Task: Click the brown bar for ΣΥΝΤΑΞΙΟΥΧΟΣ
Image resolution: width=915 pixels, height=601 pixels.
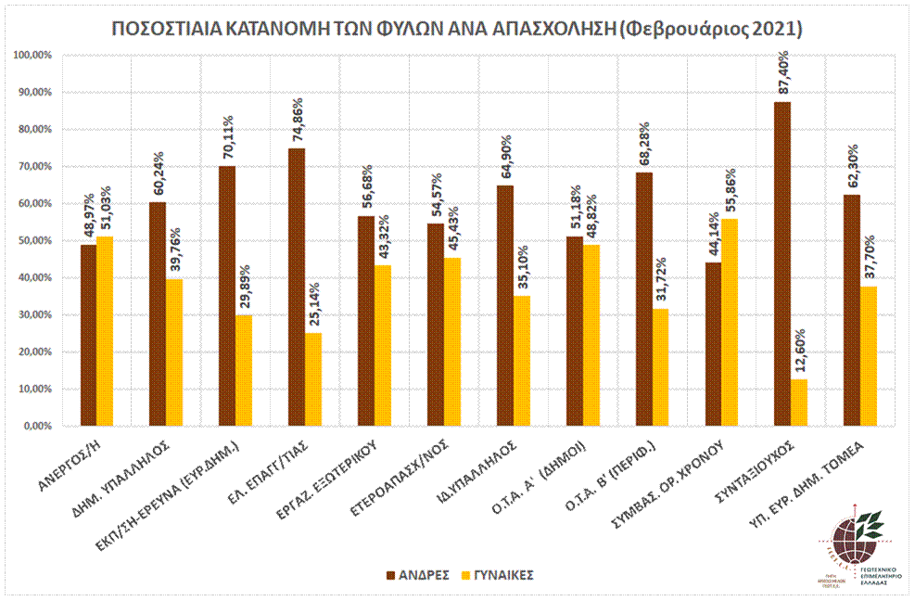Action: click(x=782, y=264)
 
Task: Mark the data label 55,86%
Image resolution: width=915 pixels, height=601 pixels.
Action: click(x=730, y=191)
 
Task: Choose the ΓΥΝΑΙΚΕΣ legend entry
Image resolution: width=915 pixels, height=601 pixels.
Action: click(x=497, y=575)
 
